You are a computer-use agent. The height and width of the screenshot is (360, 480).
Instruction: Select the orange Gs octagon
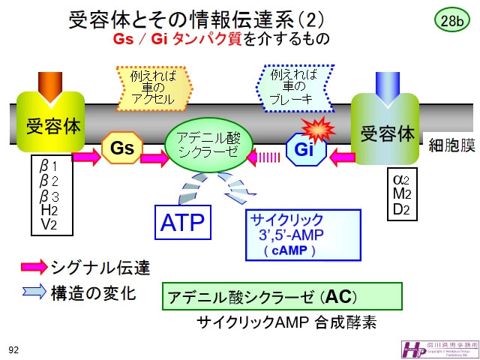pyautogui.click(x=121, y=148)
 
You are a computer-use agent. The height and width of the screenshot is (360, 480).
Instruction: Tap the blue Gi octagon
pyautogui.click(x=303, y=150)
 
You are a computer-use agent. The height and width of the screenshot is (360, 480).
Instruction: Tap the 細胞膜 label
pyautogui.click(x=451, y=145)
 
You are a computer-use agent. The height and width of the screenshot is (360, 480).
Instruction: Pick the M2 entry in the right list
pyautogui.click(x=401, y=195)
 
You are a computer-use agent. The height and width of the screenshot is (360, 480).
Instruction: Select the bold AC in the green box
pyautogui.click(x=339, y=296)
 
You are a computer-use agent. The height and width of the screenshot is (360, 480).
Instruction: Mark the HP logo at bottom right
pyautogui.click(x=410, y=348)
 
